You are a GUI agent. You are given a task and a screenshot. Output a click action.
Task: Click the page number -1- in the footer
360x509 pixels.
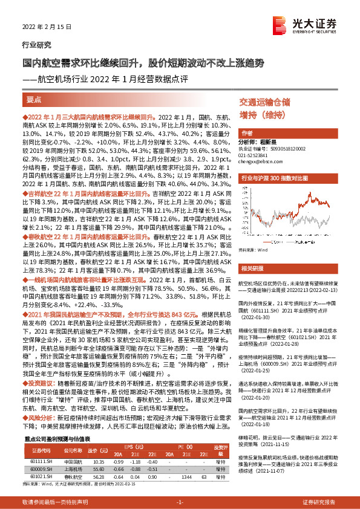coord(180,502)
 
